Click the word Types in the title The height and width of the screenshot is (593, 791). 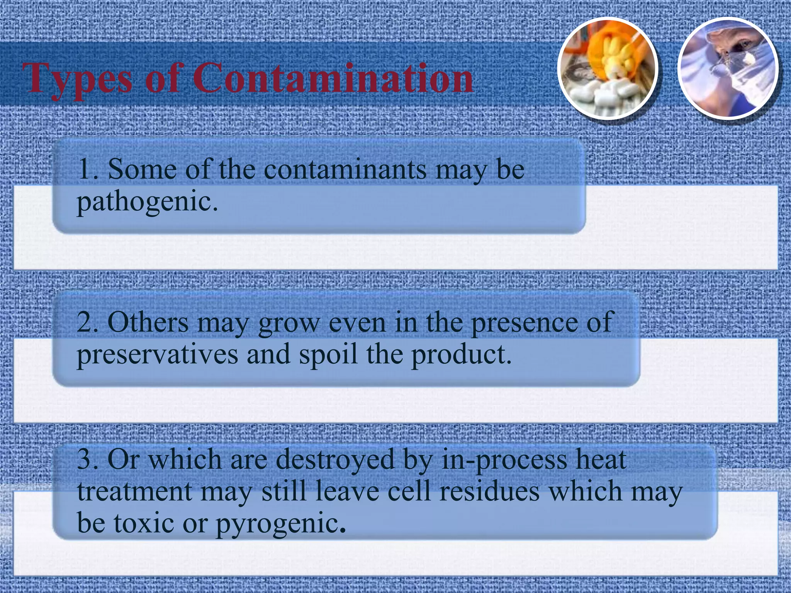(x=77, y=79)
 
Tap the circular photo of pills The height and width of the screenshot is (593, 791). (x=608, y=69)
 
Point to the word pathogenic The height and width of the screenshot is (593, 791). (x=147, y=202)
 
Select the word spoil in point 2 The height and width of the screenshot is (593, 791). (x=328, y=355)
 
